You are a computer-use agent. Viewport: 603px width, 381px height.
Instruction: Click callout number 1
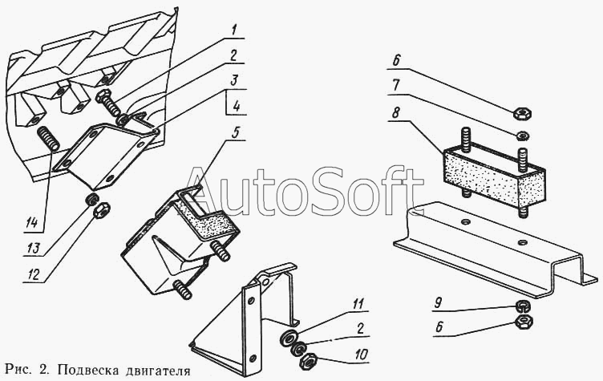click(234, 30)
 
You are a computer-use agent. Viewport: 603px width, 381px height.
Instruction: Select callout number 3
click(235, 82)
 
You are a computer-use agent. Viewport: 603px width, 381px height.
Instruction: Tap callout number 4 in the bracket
click(237, 105)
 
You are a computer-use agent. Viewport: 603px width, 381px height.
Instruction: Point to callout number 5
click(235, 132)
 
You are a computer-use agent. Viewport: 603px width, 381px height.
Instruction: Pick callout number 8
click(396, 113)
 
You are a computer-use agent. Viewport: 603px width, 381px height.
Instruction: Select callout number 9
click(438, 304)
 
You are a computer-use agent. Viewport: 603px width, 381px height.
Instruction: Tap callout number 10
click(360, 355)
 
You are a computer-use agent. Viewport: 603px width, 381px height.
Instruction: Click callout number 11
click(358, 304)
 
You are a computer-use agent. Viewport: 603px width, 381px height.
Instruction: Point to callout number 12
click(34, 275)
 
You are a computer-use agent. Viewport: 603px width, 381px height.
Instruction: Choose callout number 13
click(33, 248)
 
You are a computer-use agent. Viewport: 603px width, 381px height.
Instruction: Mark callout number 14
click(32, 223)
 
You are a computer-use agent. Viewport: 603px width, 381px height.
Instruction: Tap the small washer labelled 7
click(523, 136)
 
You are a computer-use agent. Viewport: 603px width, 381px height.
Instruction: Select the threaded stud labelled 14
click(48, 139)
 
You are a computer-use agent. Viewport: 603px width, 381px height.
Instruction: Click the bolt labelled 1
click(108, 102)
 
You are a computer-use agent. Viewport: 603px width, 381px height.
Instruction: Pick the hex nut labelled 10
click(307, 361)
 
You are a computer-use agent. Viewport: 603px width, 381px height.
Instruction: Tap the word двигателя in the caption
click(158, 371)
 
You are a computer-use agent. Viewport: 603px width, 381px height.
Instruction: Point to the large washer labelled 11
click(289, 336)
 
